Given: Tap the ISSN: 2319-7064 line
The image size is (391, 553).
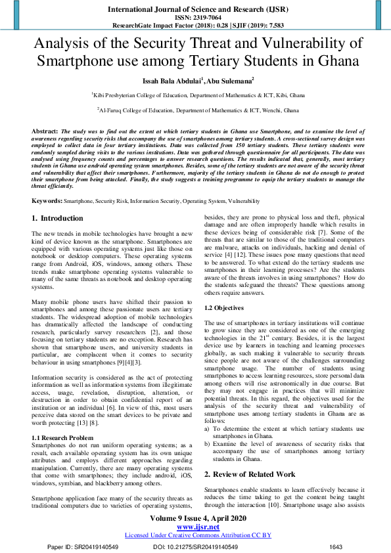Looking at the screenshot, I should [195, 18].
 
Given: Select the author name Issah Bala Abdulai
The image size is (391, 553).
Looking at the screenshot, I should [165, 81].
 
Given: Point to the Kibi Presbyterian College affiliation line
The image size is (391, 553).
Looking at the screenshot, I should [195, 95].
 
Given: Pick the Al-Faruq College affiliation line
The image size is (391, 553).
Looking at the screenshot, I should [195, 110].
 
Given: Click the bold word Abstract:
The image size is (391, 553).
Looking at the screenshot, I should [45, 131].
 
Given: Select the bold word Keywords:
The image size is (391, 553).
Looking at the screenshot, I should [47, 200].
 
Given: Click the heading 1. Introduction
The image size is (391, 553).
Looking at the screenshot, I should [58, 217].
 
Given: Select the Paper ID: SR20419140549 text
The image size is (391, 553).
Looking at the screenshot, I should [83, 546].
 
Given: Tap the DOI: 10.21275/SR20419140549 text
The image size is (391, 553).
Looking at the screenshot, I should [195, 546].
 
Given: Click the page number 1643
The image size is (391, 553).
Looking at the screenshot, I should [336, 546].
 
